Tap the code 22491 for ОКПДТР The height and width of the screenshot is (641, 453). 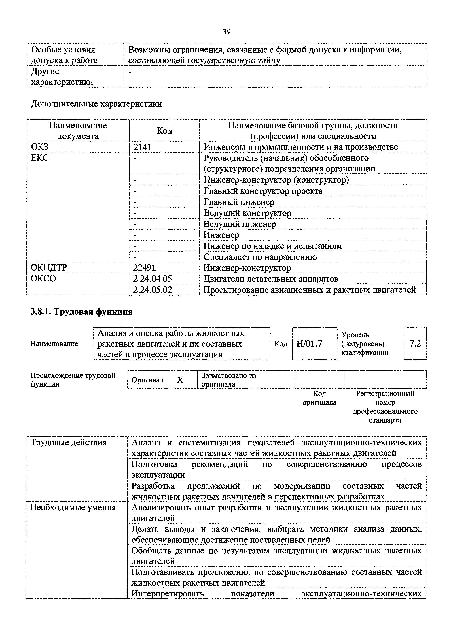pos(144,268)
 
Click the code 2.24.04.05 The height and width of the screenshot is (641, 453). pos(152,279)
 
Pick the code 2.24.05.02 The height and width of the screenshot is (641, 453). pos(153,290)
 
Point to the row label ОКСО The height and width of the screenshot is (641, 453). pos(43,279)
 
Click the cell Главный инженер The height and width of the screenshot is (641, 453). pos(239,202)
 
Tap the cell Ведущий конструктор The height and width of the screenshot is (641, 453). pos(247,213)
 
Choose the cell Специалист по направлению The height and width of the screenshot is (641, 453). pos(260,257)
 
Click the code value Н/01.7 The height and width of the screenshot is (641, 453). pos(309,344)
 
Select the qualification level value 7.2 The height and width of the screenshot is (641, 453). pos(415,344)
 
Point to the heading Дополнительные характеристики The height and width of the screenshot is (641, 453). pos(96,104)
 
